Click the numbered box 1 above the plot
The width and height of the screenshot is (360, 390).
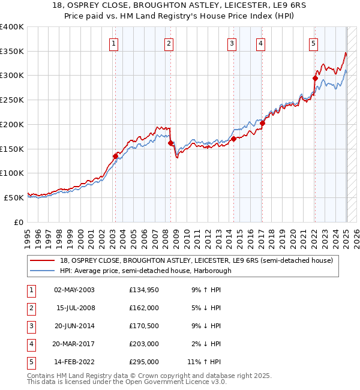(x=113, y=43)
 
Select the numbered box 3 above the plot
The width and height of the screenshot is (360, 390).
(x=232, y=43)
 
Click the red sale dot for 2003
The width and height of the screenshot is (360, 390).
(x=115, y=156)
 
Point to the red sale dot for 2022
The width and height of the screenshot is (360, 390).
(x=315, y=77)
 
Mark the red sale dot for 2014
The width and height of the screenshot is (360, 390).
(x=233, y=139)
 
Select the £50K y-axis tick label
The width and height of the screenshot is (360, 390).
(x=14, y=197)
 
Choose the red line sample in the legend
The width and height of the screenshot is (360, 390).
(x=43, y=260)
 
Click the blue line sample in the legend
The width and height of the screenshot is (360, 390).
(x=43, y=271)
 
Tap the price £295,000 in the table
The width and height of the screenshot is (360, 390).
(x=144, y=362)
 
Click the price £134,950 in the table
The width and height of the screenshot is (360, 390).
(x=144, y=290)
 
